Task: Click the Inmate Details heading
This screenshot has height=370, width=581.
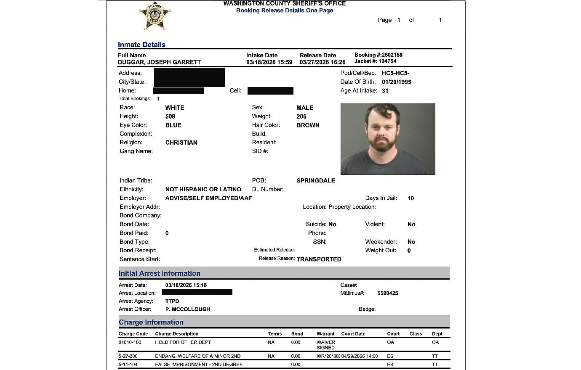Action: pyautogui.click(x=141, y=45)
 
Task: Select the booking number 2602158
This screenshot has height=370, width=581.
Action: pyautogui.click(x=392, y=55)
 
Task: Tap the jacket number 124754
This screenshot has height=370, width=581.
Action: pyautogui.click(x=387, y=61)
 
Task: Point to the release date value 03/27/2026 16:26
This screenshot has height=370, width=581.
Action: pyautogui.click(x=322, y=62)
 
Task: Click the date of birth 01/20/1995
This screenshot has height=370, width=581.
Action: pyautogui.click(x=396, y=82)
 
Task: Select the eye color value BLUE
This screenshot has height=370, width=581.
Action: pyautogui.click(x=173, y=125)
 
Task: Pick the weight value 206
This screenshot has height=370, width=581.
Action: pyautogui.click(x=301, y=116)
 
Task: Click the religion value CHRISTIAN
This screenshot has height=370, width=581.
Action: pyautogui.click(x=181, y=143)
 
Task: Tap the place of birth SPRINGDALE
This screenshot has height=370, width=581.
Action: pyautogui.click(x=316, y=180)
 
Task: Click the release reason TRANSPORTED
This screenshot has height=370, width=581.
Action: pyautogui.click(x=319, y=259)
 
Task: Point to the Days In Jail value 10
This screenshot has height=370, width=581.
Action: pyautogui.click(x=410, y=198)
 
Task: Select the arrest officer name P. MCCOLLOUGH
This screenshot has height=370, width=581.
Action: pyautogui.click(x=188, y=309)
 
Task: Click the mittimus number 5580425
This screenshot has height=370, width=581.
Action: pyautogui.click(x=388, y=293)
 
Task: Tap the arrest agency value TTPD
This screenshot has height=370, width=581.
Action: pyautogui.click(x=172, y=301)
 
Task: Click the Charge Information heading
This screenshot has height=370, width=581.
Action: pyautogui.click(x=151, y=322)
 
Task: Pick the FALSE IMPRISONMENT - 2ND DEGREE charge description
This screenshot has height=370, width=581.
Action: pyautogui.click(x=199, y=365)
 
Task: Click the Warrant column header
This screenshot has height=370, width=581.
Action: pyautogui.click(x=325, y=334)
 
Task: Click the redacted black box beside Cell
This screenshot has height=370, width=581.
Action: pyautogui.click(x=270, y=91)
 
